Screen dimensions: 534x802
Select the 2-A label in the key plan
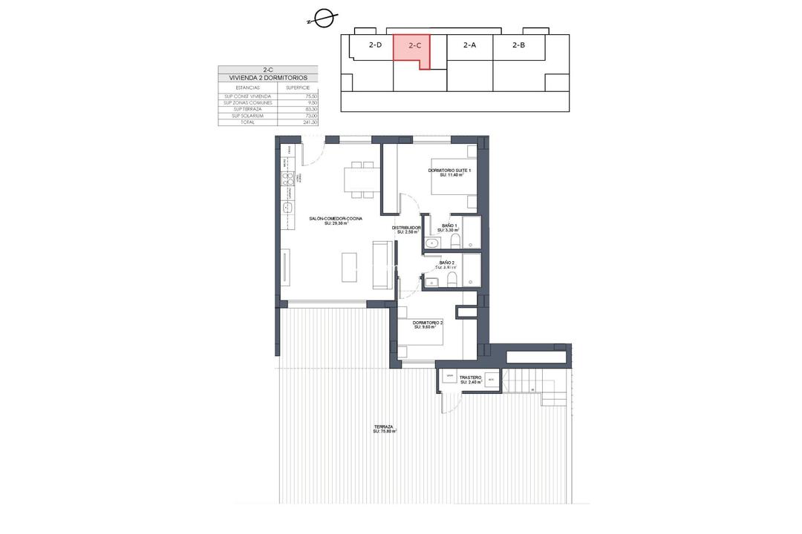tap(469, 45)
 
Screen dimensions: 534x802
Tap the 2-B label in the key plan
tap(518, 45)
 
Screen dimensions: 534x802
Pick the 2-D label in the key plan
tap(375, 45)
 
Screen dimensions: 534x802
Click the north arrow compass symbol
tap(323, 19)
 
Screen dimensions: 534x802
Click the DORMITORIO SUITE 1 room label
tap(450, 172)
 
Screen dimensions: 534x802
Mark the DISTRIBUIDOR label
tap(407, 229)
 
